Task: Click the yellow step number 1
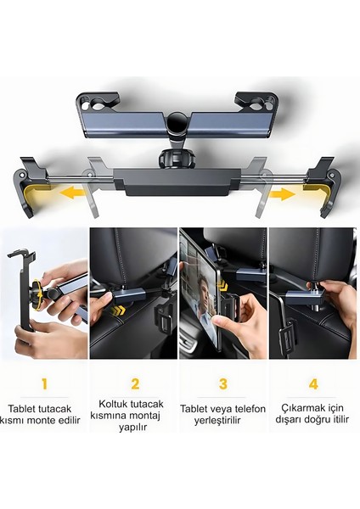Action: [45, 383]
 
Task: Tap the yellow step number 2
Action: [134, 383]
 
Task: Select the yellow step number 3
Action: [223, 383]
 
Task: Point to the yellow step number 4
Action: [313, 383]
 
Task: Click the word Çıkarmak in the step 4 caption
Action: [300, 407]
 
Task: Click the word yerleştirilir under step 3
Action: [223, 420]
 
